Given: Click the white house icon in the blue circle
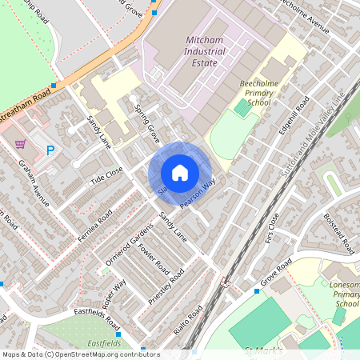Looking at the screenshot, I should click(x=180, y=172).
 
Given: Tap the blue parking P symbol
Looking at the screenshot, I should click(x=50, y=150).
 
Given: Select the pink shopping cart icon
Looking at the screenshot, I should click(x=20, y=144).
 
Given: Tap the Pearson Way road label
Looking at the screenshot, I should click(x=198, y=194).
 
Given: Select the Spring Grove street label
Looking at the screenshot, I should click(x=148, y=124).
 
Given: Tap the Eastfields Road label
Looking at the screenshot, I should click(x=96, y=318).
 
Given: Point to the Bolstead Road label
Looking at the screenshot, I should click(x=338, y=233).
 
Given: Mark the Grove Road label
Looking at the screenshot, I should click(x=276, y=275).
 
